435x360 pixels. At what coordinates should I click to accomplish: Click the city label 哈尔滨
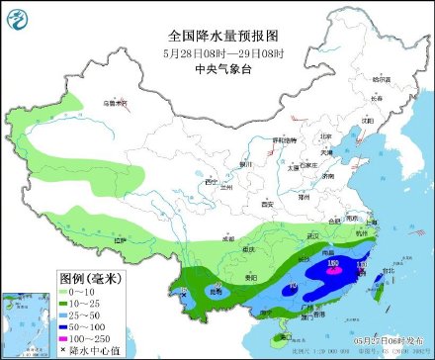[381, 78]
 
